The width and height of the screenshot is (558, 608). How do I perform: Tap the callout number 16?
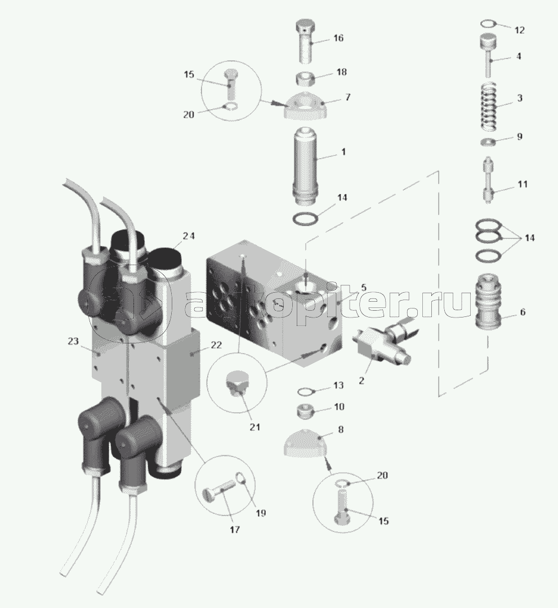[338, 38]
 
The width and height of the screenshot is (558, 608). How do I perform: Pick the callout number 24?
[189, 236]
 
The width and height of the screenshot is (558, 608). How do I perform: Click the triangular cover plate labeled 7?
[306, 106]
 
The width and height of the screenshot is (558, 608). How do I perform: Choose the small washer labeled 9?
[488, 140]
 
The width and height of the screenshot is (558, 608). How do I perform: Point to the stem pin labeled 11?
[488, 177]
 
